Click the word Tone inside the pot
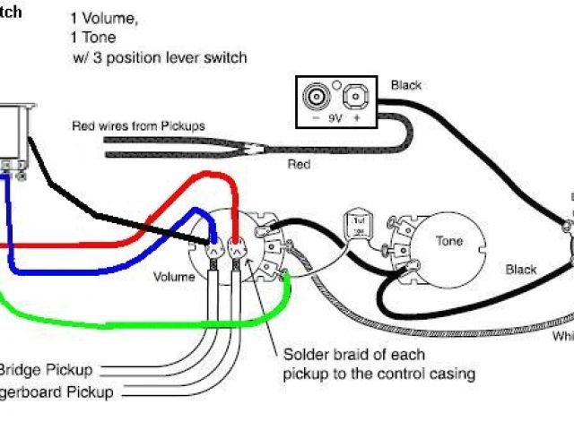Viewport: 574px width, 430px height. (449, 241)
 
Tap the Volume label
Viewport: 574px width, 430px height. (173, 277)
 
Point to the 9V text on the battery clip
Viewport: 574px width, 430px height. (335, 116)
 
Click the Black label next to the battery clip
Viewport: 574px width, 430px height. (405, 85)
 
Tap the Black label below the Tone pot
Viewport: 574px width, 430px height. (520, 270)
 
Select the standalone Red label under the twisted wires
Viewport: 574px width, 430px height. (299, 165)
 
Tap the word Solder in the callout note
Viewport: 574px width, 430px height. (302, 354)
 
